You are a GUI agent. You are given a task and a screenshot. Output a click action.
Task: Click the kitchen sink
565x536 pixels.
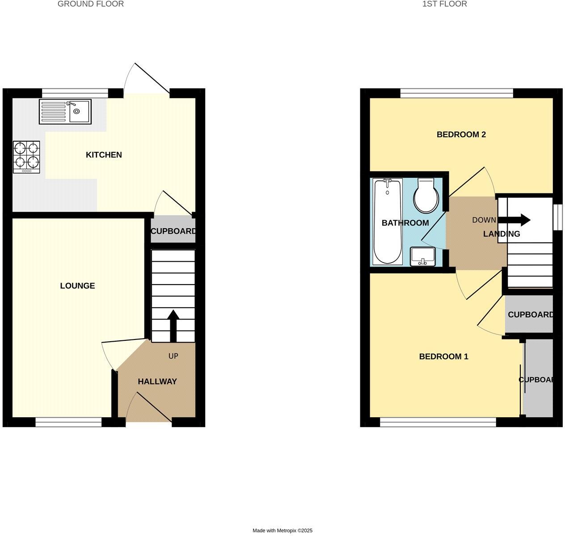point(65,112)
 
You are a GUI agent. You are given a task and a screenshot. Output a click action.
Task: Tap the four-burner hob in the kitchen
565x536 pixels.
point(26,157)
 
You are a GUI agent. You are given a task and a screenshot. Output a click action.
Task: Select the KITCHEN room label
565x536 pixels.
point(104,155)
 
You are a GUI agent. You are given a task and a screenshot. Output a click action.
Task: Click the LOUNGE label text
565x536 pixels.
point(77,286)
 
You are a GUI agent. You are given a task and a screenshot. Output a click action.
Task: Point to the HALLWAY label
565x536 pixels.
point(157,382)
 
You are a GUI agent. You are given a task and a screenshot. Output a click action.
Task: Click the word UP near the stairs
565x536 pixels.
point(173,356)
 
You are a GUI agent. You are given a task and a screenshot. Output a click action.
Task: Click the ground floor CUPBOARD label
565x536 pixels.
point(173,231)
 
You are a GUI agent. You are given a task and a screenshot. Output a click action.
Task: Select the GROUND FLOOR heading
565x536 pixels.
point(91,4)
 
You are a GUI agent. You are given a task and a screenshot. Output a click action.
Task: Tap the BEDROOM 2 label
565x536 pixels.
point(461,134)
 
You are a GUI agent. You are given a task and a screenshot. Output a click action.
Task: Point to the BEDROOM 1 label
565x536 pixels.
point(443,356)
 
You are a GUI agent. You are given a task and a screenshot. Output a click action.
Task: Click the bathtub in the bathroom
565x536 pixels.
point(387,221)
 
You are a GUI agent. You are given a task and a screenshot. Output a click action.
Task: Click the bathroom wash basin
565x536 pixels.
point(422,256)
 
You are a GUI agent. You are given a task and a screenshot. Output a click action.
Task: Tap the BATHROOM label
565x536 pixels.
point(405,223)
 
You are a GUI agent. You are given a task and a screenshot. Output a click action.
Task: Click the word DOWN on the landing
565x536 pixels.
point(484,220)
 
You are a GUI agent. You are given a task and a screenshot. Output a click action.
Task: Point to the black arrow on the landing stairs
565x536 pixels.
point(514,220)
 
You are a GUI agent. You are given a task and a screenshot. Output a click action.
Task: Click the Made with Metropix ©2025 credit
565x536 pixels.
point(282,531)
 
